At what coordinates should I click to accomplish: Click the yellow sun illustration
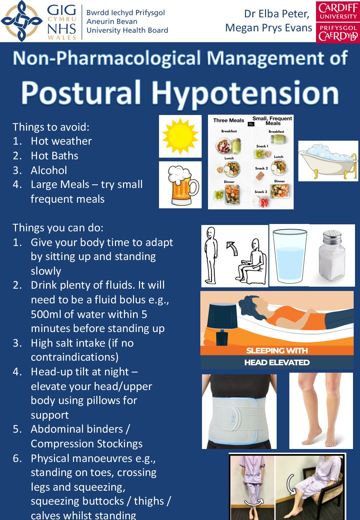(180, 136)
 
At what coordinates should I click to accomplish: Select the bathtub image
(328, 161)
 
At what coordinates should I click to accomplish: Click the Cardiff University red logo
(338, 22)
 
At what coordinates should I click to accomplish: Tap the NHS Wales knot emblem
(22, 21)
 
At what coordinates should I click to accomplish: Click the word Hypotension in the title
(245, 93)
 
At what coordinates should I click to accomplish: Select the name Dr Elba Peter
(277, 14)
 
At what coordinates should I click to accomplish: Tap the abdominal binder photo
(239, 411)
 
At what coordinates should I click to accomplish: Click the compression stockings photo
(321, 411)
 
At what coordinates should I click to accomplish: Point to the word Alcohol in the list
(49, 170)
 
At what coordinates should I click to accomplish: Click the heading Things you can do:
(58, 228)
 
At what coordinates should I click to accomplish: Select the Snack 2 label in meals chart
(261, 168)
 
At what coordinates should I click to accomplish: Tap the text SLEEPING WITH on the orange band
(277, 351)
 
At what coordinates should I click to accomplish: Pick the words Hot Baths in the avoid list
(55, 156)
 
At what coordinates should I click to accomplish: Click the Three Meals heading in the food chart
(229, 120)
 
